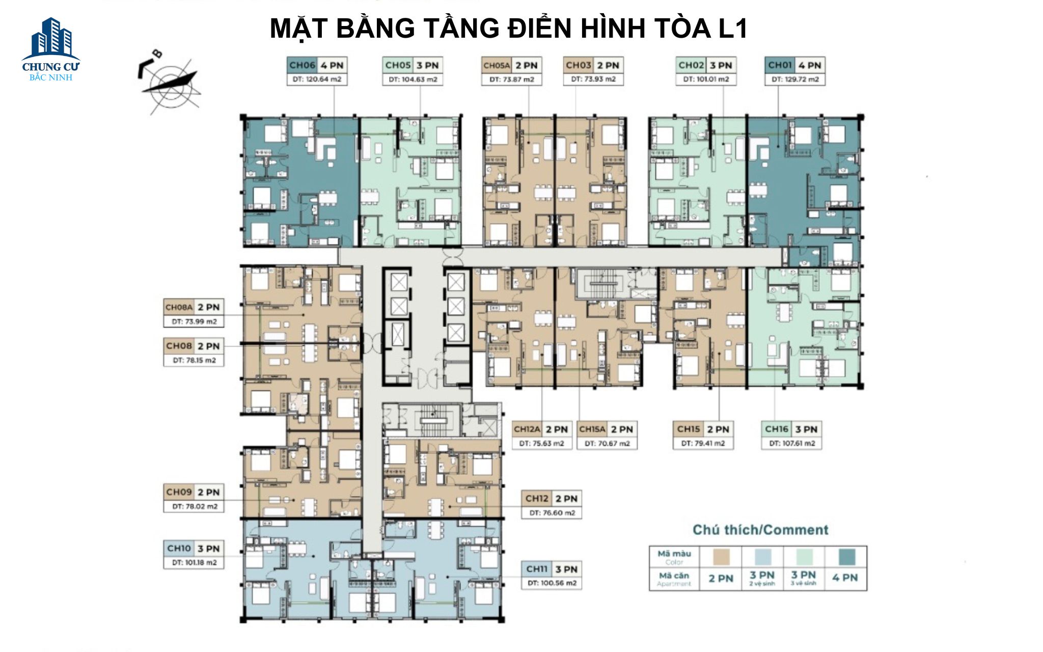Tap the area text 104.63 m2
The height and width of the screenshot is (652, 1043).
point(413,79)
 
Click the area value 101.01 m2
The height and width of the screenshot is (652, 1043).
point(706,79)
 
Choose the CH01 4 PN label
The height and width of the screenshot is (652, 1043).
point(794,65)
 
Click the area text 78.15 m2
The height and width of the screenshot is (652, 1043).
point(194,360)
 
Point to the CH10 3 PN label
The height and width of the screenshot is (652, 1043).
point(194,549)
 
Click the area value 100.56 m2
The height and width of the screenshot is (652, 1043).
point(552,583)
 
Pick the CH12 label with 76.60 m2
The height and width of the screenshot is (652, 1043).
point(552,499)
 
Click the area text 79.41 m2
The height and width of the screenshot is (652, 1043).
point(703,444)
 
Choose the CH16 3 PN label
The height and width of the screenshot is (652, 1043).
point(791,429)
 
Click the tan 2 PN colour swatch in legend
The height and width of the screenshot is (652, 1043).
point(721,557)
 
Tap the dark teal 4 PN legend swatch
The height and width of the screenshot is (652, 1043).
point(845,557)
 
